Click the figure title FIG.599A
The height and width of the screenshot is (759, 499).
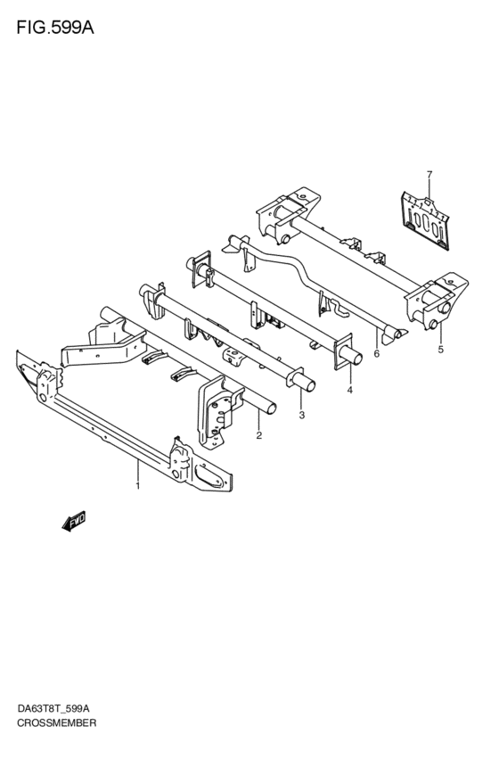tap(55, 28)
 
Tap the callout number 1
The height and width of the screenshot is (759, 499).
tap(138, 485)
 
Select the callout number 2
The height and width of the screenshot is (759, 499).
tap(259, 435)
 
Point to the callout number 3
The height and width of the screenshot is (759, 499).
tap(302, 415)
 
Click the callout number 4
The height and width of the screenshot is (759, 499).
tap(349, 389)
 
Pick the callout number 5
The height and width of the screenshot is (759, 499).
tap(440, 350)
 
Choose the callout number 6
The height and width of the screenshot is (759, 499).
tap(377, 353)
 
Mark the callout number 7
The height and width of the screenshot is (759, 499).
tap(429, 174)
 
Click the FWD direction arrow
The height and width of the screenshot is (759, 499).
tap(74, 522)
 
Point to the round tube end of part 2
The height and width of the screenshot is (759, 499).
tap(271, 409)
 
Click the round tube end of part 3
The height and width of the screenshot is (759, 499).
tap(309, 386)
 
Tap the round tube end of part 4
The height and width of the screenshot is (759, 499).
tap(356, 360)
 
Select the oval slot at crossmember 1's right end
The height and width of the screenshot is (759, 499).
tap(209, 476)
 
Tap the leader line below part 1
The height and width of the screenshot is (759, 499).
tap(138, 470)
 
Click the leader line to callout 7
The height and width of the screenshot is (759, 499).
tap(429, 189)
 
